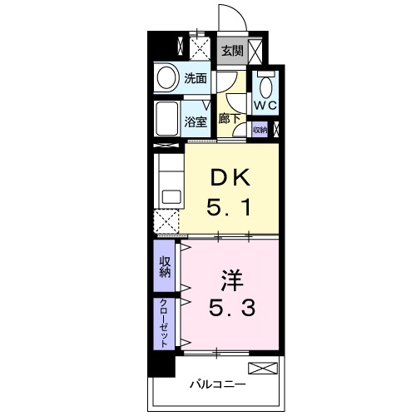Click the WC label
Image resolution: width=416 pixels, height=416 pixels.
coord(265,106)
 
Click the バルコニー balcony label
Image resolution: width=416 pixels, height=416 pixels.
coord(216,385)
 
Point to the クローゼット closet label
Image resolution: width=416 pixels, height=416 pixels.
coord(164,323)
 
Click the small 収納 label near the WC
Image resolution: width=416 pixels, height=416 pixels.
coord(260,130)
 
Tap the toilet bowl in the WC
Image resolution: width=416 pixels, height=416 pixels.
coord(265,87)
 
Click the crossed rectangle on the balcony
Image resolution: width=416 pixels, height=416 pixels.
coord(260,369)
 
